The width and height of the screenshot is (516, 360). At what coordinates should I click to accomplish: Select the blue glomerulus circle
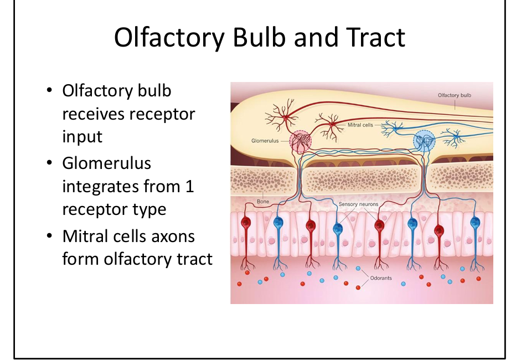pyautogui.click(x=424, y=141)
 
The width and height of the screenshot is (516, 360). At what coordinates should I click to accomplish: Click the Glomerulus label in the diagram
pyautogui.click(x=265, y=141)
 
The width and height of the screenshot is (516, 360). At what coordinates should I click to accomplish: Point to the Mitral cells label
pyautogui.click(x=360, y=125)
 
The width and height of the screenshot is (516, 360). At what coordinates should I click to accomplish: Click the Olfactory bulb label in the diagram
pyautogui.click(x=454, y=95)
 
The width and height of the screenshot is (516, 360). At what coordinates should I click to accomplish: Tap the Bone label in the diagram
pyautogui.click(x=263, y=202)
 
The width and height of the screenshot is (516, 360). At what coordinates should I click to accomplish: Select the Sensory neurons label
pyautogui.click(x=359, y=204)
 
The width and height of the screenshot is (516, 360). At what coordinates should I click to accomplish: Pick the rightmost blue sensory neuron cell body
pyautogui.click(x=474, y=224)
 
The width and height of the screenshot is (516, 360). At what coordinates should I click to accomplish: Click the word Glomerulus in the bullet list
pyautogui.click(x=106, y=164)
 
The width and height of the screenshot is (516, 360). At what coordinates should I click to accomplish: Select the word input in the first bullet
pyautogui.click(x=82, y=137)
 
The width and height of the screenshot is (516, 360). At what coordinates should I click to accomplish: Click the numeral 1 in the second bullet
pyautogui.click(x=189, y=187)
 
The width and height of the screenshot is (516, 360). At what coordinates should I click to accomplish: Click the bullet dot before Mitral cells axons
pyautogui.click(x=50, y=236)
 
